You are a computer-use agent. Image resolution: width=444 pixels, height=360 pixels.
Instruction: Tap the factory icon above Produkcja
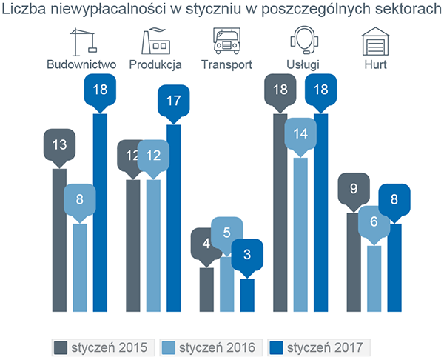coord(155,41)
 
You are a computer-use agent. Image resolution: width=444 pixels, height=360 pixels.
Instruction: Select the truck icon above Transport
coord(227,41)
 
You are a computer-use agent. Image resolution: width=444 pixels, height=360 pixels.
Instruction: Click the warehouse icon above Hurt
coord(375,41)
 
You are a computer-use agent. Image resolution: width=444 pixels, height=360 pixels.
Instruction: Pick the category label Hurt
coord(375,64)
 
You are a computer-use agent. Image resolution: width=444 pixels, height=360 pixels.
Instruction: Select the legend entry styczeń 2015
coord(103,347)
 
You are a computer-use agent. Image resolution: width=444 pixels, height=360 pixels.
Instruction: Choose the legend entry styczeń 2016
coord(207,347)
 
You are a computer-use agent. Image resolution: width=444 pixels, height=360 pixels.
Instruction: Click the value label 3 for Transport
coord(247,256)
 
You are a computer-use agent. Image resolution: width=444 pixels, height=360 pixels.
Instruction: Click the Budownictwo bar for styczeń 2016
coord(80,267)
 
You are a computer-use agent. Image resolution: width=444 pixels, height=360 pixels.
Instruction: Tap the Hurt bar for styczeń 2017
coord(395,267)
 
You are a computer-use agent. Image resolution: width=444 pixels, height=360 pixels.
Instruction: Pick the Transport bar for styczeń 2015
coord(207,289)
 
